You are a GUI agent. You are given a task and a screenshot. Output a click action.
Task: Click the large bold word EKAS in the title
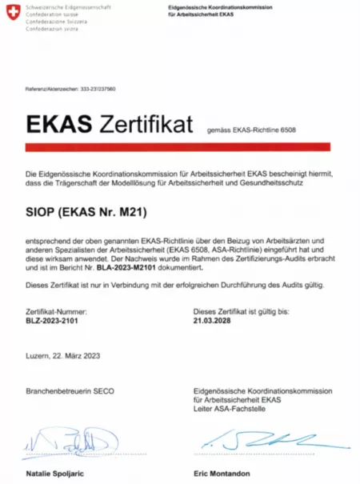click(x=58, y=126)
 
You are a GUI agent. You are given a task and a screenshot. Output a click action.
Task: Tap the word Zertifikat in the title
click(x=146, y=126)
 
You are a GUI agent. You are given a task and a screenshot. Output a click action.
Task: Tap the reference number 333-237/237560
click(x=97, y=89)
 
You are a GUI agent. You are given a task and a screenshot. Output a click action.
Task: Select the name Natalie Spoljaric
click(x=58, y=474)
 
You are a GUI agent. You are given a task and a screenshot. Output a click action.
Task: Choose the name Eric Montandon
click(x=222, y=474)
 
